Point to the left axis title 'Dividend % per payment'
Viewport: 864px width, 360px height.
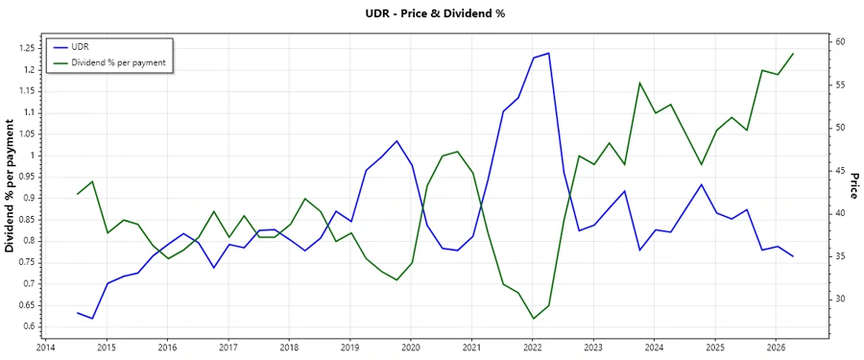[x=11, y=186]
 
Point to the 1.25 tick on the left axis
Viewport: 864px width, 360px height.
[x=24, y=48]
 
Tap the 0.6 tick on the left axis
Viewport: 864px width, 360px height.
[x=28, y=326]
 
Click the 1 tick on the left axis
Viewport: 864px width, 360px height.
[x=33, y=156]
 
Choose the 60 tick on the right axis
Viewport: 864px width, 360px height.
[x=838, y=42]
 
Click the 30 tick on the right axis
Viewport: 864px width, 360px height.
[x=838, y=299]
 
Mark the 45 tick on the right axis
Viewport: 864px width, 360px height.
[x=838, y=171]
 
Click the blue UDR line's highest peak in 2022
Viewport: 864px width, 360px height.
[x=548, y=53]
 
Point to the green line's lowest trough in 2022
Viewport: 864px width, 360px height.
[x=533, y=319]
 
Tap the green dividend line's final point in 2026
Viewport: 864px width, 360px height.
[x=793, y=54]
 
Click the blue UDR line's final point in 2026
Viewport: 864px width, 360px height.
[x=793, y=256]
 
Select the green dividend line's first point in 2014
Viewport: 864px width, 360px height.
[x=78, y=194]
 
